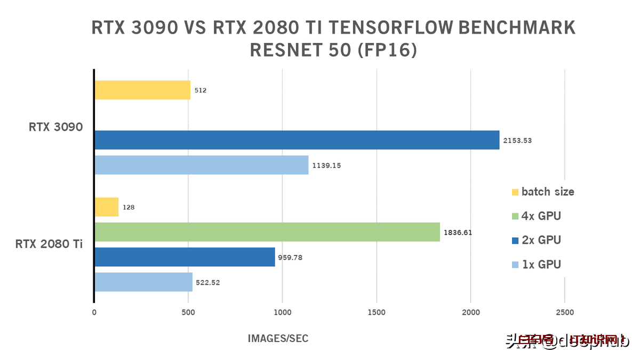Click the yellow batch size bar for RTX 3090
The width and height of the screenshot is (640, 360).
pyautogui.click(x=142, y=90)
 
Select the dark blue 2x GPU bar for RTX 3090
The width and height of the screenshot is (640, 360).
pyautogui.click(x=297, y=140)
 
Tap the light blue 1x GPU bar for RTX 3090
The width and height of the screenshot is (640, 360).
pyautogui.click(x=201, y=165)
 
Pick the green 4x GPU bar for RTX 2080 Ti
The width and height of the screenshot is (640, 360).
pyautogui.click(x=267, y=233)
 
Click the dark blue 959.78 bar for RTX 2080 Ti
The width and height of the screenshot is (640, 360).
pyautogui.click(x=185, y=257)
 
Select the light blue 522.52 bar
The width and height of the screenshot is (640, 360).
pyautogui.click(x=143, y=282)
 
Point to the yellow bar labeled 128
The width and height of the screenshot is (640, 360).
pyautogui.click(x=106, y=207)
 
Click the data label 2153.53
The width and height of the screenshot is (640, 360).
pyautogui.click(x=517, y=141)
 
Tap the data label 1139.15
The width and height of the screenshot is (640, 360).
pyautogui.click(x=326, y=165)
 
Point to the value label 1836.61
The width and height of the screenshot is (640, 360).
pyautogui.click(x=458, y=233)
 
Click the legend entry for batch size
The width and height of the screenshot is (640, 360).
pyautogui.click(x=542, y=192)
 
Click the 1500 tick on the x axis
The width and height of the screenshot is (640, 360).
pyautogui.click(x=377, y=313)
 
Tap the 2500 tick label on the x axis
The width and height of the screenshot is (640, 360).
pyautogui.click(x=565, y=313)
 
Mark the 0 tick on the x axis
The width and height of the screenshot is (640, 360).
pyautogui.click(x=94, y=313)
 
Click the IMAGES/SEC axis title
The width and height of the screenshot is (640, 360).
pyautogui.click(x=278, y=339)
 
